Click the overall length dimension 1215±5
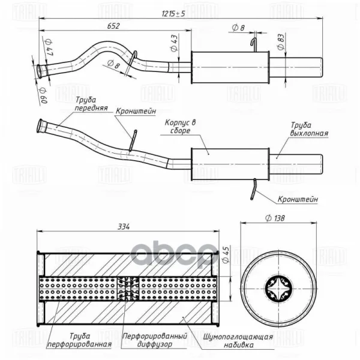point(173,14)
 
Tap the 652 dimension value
point(113,26)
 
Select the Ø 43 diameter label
point(174,43)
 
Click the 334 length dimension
point(124,227)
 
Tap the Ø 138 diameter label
point(275,218)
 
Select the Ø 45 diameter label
point(226,255)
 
